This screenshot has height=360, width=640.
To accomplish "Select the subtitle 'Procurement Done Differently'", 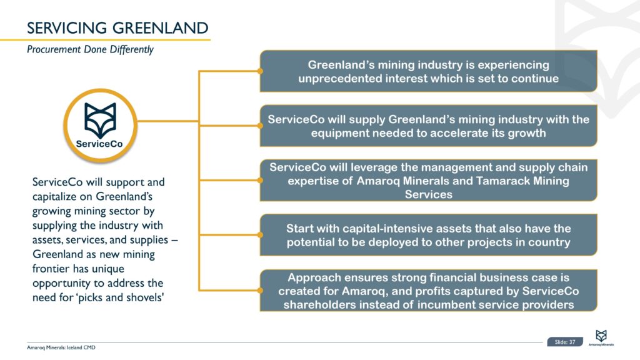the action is (90, 49).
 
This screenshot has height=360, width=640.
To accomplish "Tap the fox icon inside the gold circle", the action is (100, 120).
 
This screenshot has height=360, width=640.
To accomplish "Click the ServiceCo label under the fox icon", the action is (99, 144).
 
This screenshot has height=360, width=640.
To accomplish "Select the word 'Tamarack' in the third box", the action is (503, 181).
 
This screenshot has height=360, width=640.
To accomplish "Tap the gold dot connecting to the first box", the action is (260, 71).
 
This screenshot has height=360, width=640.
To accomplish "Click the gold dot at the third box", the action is (260, 180).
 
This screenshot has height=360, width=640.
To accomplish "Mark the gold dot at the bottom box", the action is (260, 290).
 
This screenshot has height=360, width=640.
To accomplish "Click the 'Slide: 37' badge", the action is (565, 342).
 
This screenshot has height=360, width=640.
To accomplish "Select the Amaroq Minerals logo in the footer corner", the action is (601, 338).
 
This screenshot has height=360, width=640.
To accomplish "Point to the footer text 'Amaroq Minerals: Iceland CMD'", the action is (61, 347).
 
